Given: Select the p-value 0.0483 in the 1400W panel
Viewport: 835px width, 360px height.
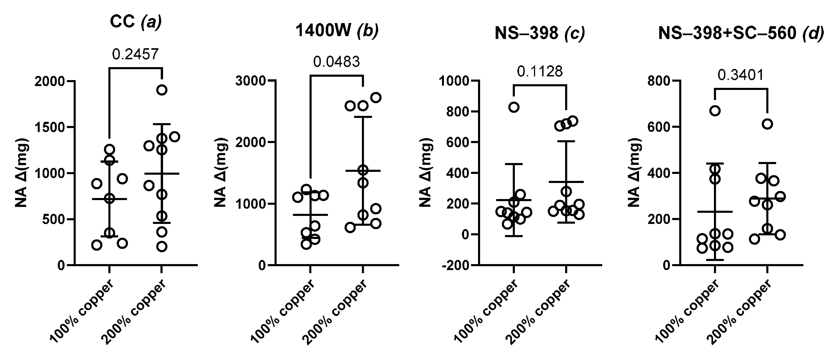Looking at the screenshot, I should [336, 62].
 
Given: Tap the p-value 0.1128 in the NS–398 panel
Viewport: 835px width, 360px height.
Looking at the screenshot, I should [540, 72].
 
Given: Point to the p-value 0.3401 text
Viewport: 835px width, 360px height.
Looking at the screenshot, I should [741, 75].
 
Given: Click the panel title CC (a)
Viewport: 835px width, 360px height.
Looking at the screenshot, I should [136, 22].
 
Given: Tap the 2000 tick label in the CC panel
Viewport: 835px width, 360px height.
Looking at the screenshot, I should [50, 81].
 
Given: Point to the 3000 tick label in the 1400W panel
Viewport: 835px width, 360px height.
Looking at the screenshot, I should [251, 81].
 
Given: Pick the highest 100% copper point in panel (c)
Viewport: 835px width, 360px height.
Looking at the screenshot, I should [514, 107].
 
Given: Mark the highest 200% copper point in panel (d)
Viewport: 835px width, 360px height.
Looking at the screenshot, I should [767, 124].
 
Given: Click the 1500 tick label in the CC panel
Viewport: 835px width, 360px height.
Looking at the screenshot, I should [50, 127].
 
